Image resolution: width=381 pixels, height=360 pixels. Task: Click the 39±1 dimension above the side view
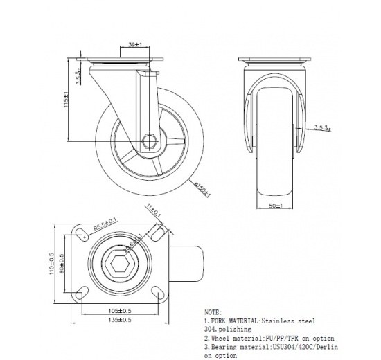(x=136, y=45)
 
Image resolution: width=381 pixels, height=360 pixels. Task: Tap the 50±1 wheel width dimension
(x=277, y=206)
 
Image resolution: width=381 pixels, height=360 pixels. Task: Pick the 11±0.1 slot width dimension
(x=153, y=210)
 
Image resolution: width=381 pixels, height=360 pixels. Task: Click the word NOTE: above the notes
(x=213, y=312)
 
